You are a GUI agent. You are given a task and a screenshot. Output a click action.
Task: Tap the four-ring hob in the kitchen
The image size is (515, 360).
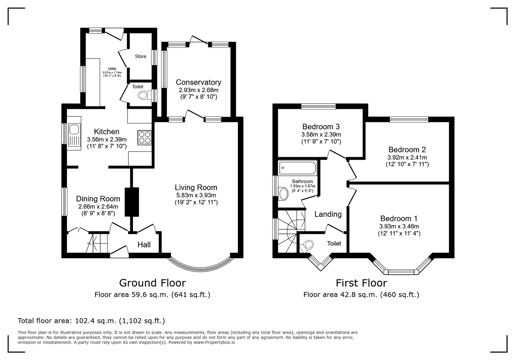point(145,137)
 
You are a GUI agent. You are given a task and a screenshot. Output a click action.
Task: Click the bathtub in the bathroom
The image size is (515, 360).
point(298,168)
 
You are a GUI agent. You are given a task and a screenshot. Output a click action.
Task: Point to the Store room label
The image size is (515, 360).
point(140,57)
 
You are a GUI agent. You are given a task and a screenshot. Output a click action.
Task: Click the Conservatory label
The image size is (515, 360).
point(198,82)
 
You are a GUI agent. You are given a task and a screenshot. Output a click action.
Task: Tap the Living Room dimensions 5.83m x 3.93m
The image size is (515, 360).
point(196,195)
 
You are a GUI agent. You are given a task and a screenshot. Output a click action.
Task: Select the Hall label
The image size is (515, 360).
point(144,245)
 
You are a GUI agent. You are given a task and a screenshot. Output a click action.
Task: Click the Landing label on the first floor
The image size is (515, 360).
point(328,214)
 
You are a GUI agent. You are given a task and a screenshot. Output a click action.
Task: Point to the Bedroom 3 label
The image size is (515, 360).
point(321,126)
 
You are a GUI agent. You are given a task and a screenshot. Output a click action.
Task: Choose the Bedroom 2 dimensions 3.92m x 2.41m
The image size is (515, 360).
point(407,157)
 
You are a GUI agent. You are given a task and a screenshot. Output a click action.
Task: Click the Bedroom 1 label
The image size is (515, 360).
point(399,218)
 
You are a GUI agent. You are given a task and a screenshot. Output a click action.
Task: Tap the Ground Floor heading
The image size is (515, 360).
point(153,283)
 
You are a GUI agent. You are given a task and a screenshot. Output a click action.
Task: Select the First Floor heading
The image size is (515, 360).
point(361,283)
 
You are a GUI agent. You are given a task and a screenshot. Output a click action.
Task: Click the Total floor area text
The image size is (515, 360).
point(91,321)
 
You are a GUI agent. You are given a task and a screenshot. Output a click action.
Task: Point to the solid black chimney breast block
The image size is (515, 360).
point(132,202)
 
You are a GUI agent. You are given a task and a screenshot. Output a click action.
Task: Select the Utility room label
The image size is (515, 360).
point(112,69)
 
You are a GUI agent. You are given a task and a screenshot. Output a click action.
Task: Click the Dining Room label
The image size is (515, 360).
point(98,199)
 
